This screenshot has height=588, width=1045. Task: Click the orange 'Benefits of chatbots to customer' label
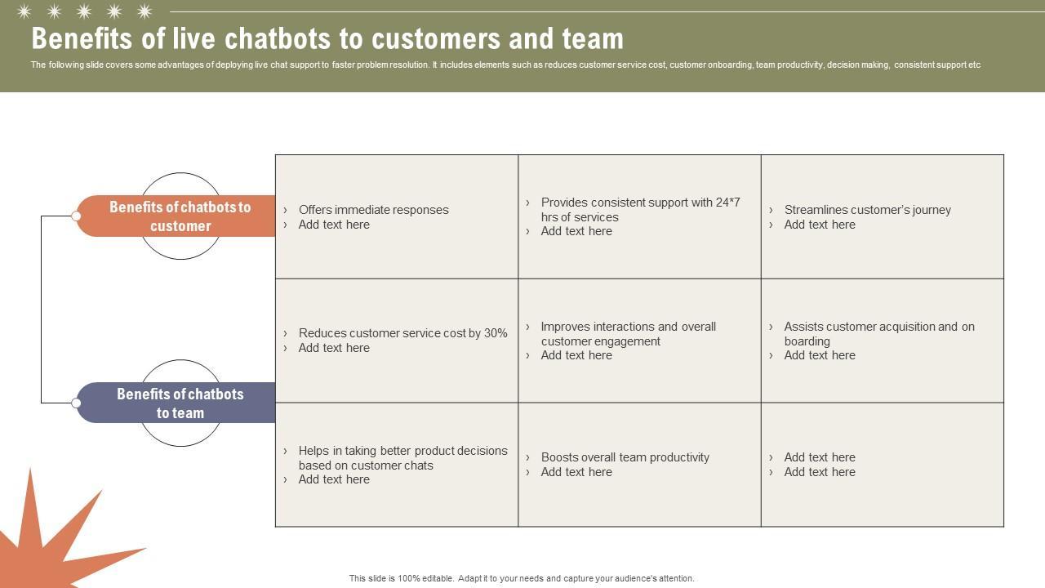[180, 216]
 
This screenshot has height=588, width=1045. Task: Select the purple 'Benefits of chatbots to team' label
[180, 403]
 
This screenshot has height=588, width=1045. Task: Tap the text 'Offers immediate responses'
[373, 210]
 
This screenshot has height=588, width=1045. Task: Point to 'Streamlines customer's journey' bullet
[867, 210]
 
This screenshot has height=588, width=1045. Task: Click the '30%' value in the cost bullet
[496, 333]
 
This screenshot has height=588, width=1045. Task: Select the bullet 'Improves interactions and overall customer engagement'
[628, 334]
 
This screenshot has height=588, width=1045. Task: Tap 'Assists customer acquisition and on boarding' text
[878, 334]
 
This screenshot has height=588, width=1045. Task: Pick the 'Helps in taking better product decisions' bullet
[402, 458]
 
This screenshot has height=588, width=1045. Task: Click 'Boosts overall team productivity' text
[625, 457]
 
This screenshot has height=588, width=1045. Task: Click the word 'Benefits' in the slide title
[84, 38]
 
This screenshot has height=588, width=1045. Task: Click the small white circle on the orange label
[76, 216]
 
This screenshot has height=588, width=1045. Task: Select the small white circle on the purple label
[76, 403]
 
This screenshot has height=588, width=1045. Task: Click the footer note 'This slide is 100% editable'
[522, 578]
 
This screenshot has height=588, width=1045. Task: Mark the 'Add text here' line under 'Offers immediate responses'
[334, 225]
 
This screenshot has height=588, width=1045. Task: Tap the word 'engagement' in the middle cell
[626, 341]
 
